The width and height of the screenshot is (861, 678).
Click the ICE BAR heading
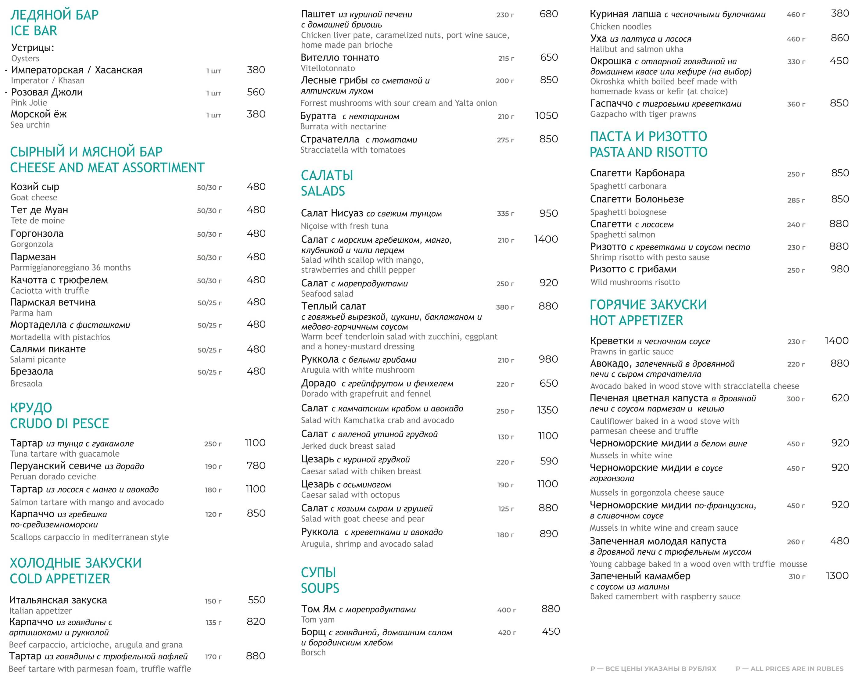34,30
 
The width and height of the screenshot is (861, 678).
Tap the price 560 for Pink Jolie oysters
256,92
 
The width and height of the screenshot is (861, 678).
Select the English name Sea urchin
30,125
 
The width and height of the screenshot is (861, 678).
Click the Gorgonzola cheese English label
31,244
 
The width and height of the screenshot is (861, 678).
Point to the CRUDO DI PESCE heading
59,424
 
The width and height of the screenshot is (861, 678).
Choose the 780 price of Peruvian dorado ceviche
256,466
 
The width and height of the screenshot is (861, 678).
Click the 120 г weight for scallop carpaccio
213,515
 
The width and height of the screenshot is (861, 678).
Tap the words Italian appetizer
41,611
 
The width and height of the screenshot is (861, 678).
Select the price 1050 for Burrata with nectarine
546,116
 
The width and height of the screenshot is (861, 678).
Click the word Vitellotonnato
328,68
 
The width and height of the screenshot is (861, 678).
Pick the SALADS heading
323,191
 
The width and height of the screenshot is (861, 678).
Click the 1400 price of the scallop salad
546,239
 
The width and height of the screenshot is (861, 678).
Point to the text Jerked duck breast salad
348,446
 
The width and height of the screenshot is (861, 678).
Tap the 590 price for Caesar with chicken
549,461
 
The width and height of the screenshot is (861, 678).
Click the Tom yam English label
317,620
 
